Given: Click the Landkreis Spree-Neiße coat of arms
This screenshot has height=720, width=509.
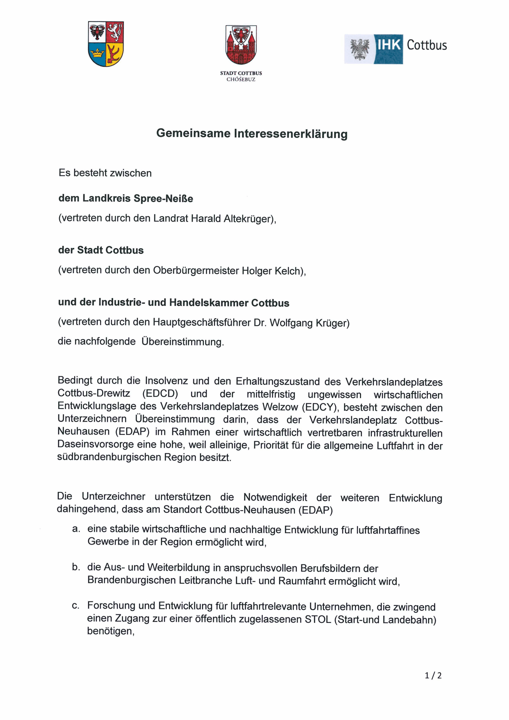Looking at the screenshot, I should click(x=106, y=44).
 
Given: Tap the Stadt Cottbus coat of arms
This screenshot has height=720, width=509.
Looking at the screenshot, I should click(x=241, y=44).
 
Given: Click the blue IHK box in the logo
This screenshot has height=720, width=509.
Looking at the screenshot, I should click(x=388, y=49).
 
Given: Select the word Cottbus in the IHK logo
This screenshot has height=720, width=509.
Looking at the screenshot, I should click(x=427, y=45).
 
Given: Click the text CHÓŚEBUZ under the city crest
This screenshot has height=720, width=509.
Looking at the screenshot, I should click(x=241, y=80).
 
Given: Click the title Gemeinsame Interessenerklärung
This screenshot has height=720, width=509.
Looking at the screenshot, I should click(x=252, y=133).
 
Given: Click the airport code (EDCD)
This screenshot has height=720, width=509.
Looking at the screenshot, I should click(x=160, y=394).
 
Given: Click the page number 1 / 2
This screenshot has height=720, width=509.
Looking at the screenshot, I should click(x=433, y=676).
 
